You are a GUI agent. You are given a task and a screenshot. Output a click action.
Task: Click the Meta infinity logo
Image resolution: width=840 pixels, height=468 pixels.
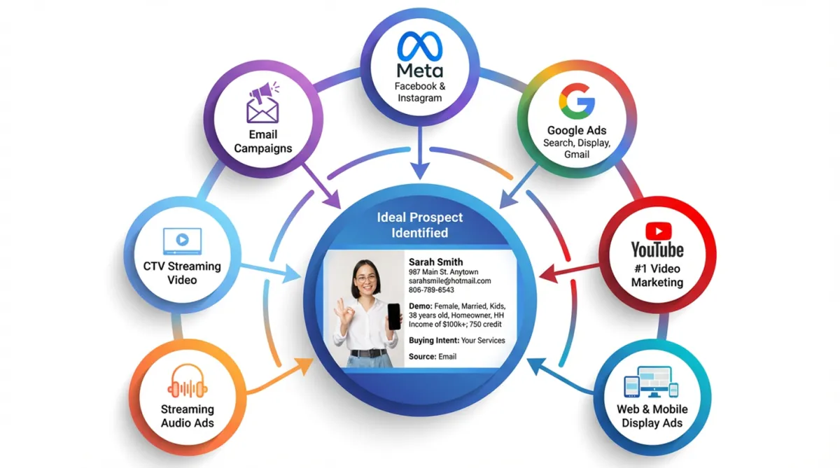[x=420, y=46]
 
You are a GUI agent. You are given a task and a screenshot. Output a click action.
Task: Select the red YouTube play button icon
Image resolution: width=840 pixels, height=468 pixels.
[x=657, y=231]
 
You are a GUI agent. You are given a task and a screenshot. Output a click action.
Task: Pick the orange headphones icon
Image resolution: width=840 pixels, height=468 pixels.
[x=188, y=382]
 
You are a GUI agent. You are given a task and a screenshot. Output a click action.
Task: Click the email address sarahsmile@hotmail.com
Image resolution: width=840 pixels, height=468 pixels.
[x=449, y=281]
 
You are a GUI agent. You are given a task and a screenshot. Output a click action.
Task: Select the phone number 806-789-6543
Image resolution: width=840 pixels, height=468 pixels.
[x=431, y=290]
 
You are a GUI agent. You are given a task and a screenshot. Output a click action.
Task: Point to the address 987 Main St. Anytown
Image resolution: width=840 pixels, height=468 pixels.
[x=444, y=271]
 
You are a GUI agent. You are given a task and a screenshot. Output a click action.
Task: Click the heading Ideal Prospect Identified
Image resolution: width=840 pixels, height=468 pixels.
[x=420, y=225]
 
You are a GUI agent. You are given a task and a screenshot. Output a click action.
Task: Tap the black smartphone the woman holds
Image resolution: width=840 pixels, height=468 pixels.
[x=394, y=316]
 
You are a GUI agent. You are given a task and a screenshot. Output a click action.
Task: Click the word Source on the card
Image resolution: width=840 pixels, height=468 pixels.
[x=422, y=357]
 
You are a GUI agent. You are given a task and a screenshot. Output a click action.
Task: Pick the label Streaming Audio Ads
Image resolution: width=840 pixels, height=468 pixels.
[x=187, y=416]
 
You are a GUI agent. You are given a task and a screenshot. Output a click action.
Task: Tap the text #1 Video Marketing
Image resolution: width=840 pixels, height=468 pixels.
[x=657, y=276]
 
